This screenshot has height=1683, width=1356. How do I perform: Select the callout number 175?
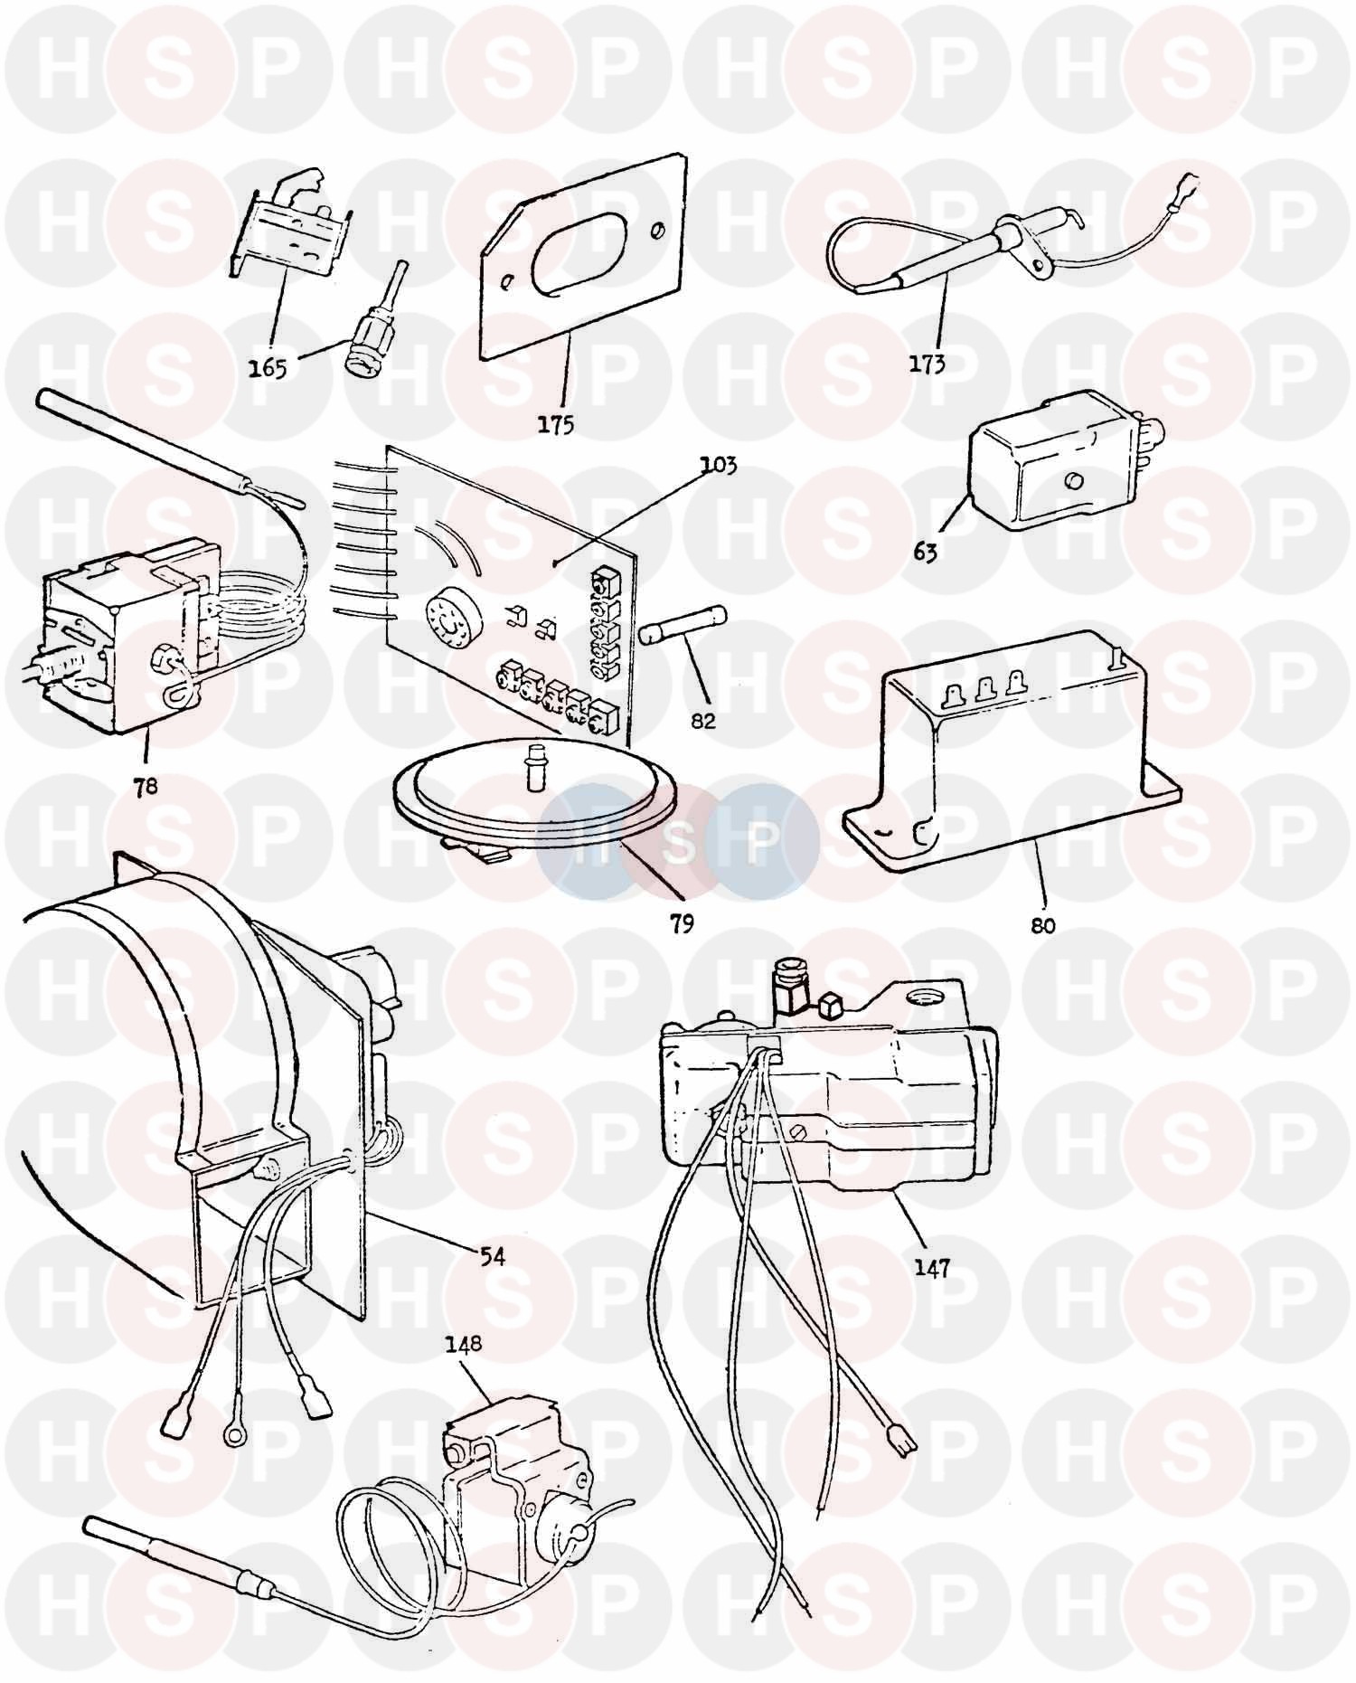tap(555, 424)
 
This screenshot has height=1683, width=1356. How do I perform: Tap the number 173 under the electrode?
tap(928, 364)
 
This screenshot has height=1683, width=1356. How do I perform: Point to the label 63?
tap(926, 551)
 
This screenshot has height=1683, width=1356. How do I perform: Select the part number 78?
tap(145, 786)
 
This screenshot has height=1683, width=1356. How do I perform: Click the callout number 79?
tap(682, 924)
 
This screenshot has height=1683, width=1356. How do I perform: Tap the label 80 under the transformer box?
tap(1042, 925)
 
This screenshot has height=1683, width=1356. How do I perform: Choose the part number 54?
tap(492, 1256)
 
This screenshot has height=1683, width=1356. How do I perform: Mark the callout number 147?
tap(932, 1268)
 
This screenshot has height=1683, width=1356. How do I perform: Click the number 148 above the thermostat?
tap(462, 1344)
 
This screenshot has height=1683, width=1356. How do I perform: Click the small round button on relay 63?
tap(1075, 481)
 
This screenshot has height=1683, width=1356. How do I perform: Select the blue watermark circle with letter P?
tap(761, 842)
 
